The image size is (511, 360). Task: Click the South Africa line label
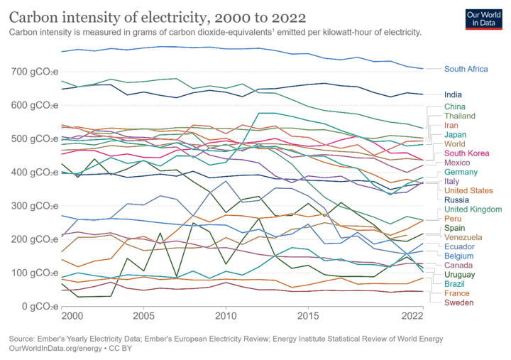[x=466, y=69]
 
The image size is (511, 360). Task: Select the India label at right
[x=454, y=94]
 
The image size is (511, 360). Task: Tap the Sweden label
[x=459, y=302]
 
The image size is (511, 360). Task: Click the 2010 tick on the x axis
[x=226, y=315]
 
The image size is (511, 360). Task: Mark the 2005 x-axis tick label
[x=143, y=315]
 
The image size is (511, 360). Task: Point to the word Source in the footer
[x=22, y=339]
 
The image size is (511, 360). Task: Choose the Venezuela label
[x=464, y=236]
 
